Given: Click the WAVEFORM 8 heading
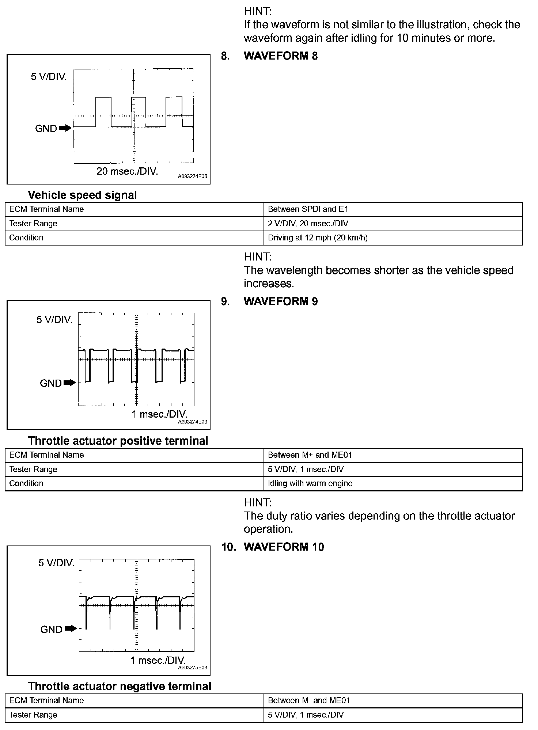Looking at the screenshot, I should tap(280, 56).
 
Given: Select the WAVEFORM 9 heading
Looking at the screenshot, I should tap(280, 301).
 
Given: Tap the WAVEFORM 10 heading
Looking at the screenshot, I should tap(283, 547).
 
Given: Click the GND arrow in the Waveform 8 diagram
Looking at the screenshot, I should tap(65, 128).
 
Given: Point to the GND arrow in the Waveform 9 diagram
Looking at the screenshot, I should tap(69, 383).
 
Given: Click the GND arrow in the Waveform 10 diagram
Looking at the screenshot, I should tap(71, 629).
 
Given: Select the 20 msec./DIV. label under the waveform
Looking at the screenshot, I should tap(127, 171).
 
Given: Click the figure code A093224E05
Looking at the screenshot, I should tap(193, 176).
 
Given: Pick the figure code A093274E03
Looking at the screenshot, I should tap(193, 422).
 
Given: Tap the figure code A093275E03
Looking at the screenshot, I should tap(193, 668).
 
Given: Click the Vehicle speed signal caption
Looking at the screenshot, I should tap(82, 195).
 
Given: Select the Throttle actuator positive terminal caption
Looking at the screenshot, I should tap(118, 441).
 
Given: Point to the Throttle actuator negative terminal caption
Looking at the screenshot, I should tap(120, 686).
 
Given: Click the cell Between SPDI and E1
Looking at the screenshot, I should tap(308, 209).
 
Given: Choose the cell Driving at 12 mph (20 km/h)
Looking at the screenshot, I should tap(318, 238).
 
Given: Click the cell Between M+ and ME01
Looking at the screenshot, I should tap(310, 455).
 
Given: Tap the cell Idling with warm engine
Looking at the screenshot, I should tap(310, 483).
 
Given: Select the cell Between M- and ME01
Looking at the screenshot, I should tap(309, 700).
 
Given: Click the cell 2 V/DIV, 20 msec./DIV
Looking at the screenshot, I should tap(308, 224).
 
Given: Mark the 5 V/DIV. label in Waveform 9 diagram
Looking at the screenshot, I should tap(54, 320).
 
